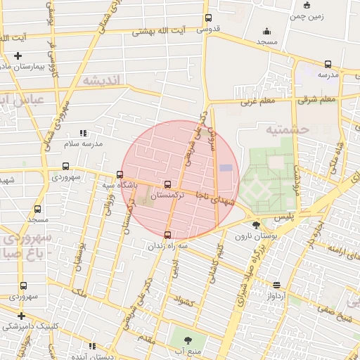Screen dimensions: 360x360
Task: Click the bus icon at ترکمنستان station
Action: coord(167,185)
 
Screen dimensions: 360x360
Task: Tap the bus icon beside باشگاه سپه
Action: coord(120,175)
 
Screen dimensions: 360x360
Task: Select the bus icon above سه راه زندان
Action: coord(167,235)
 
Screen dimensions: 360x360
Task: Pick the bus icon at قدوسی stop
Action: coord(207,18)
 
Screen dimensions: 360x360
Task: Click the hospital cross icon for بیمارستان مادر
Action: coord(18,56)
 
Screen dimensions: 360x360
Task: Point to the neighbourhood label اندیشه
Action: coord(103,80)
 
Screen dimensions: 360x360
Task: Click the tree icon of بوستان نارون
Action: coord(256,226)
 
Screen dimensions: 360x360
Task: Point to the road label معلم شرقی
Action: coord(317,100)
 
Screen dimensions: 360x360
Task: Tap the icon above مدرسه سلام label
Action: coord(83,132)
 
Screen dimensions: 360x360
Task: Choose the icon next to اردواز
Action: coord(277,285)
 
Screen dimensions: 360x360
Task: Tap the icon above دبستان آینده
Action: coord(92,346)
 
